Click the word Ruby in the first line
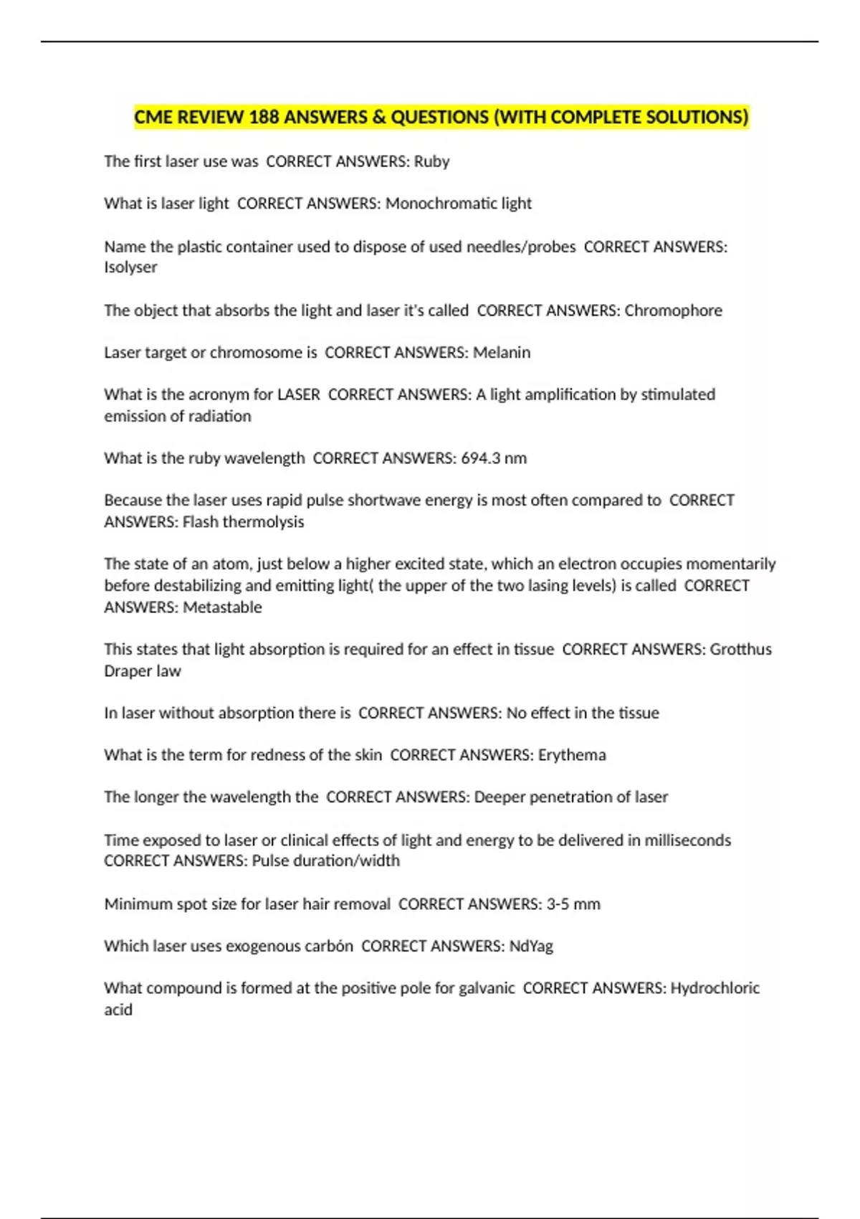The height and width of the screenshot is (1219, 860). click(x=431, y=161)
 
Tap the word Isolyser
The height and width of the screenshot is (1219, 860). click(x=130, y=267)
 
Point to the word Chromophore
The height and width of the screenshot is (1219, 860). click(x=673, y=310)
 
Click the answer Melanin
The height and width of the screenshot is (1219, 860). click(x=502, y=353)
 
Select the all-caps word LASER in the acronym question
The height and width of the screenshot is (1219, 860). click(x=298, y=394)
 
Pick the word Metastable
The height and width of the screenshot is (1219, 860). click(x=222, y=607)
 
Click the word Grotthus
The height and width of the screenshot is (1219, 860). click(x=740, y=650)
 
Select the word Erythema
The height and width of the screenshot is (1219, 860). click(x=572, y=755)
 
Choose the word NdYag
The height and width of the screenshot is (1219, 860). click(x=531, y=947)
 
